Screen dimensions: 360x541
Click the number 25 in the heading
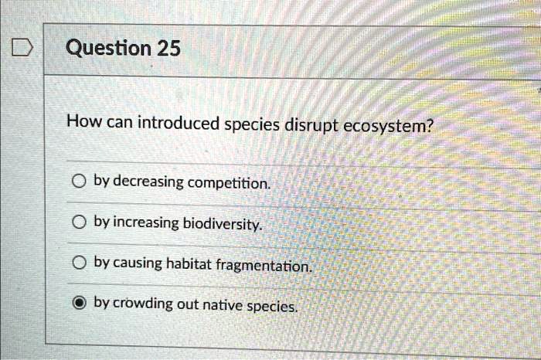168,49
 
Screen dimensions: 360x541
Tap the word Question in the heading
108,49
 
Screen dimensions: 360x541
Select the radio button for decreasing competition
77,182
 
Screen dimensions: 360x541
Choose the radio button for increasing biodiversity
77,222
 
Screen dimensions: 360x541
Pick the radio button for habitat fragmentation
77,263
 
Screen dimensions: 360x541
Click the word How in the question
80,121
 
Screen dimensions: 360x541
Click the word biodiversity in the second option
223,224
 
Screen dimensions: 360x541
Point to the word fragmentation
264,265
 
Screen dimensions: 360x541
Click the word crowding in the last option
143,304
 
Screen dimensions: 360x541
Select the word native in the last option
220,305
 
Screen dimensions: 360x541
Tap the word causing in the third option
138,263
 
